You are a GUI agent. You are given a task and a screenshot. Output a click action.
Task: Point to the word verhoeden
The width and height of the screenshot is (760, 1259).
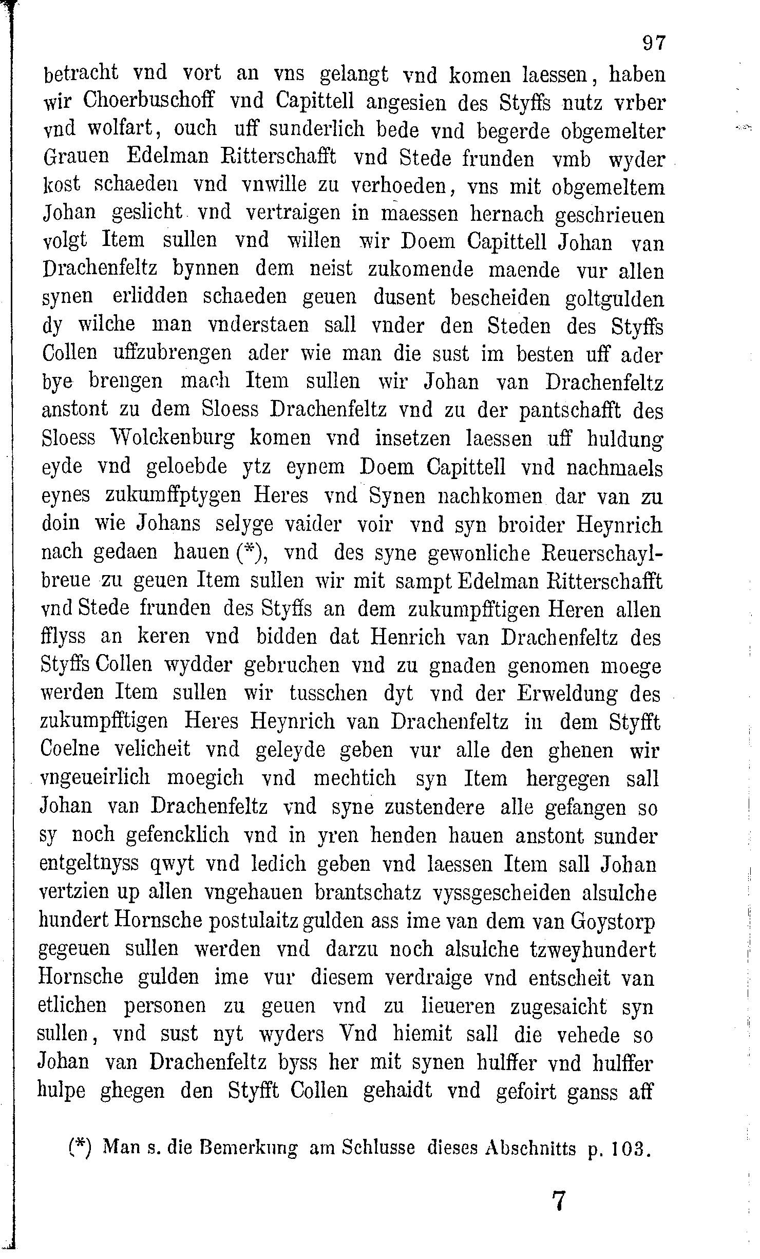tap(401, 185)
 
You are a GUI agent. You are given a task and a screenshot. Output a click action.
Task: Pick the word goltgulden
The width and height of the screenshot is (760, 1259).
tap(614, 299)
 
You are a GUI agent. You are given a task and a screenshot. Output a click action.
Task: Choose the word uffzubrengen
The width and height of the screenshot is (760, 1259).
tap(173, 353)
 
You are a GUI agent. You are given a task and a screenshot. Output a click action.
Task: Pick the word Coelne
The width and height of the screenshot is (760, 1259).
tap(71, 749)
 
